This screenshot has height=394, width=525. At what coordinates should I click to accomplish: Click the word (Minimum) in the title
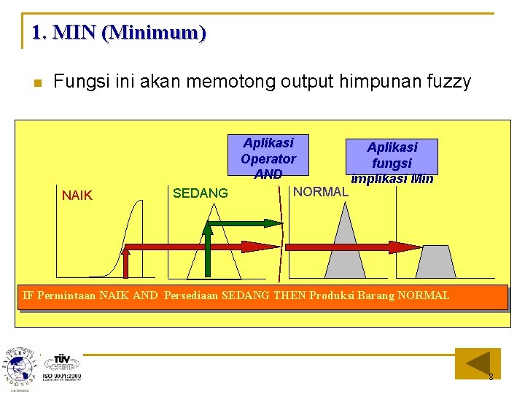click(x=154, y=33)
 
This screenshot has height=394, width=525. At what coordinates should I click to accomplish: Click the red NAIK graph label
click(x=77, y=196)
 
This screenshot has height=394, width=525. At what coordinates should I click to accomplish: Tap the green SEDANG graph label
click(x=200, y=193)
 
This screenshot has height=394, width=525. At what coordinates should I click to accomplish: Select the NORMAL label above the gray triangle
click(x=320, y=192)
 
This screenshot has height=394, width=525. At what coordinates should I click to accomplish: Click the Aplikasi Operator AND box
click(x=268, y=158)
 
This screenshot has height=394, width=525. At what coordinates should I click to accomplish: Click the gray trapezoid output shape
click(x=437, y=262)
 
